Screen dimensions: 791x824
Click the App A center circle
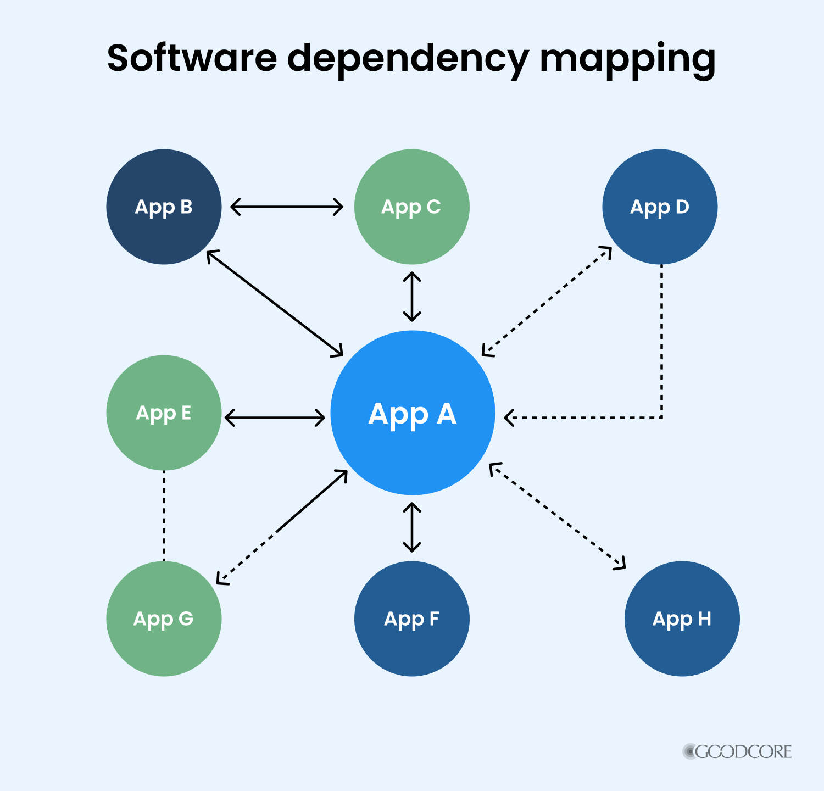(413, 413)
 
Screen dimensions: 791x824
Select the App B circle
(164, 207)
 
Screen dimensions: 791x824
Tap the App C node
(412, 207)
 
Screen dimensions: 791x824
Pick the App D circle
(660, 207)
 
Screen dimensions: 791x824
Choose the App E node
(164, 413)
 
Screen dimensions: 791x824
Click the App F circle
(412, 619)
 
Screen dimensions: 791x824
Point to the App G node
(164, 619)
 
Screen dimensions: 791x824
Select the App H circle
(682, 619)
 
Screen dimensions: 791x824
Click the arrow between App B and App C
(287, 207)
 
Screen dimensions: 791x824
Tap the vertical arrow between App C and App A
(412, 297)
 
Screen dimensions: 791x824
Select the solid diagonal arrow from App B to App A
(275, 303)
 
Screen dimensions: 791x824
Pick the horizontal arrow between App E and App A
(275, 417)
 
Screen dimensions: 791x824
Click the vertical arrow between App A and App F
(412, 527)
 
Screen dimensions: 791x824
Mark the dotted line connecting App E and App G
(164, 515)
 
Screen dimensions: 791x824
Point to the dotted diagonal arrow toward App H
(557, 516)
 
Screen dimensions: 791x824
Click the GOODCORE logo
(737, 751)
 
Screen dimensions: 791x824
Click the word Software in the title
(192, 58)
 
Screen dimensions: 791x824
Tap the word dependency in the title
(408, 59)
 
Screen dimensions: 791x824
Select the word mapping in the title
(628, 59)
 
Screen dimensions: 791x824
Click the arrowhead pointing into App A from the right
(509, 417)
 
